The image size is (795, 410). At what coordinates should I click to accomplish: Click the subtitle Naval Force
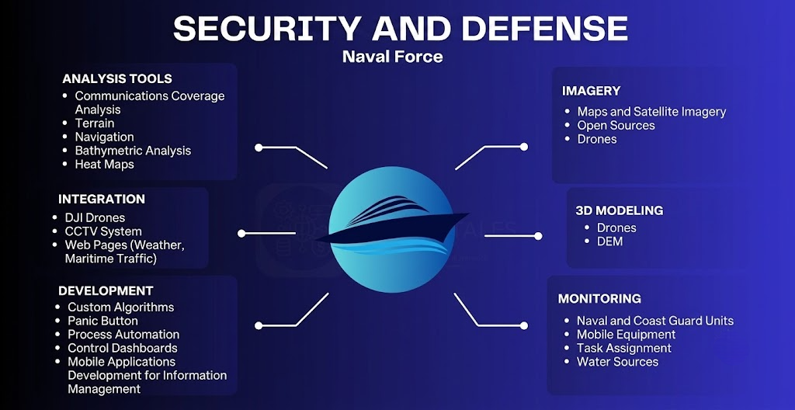[392, 57]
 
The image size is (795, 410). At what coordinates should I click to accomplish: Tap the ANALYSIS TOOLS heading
[117, 78]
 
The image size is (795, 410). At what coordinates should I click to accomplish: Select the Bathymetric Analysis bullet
[133, 151]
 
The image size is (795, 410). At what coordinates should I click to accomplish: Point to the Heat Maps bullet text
[105, 165]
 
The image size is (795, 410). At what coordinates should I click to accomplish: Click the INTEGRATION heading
[102, 199]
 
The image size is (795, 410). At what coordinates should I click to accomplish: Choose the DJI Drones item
[95, 217]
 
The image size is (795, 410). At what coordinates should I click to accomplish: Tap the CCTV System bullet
[103, 231]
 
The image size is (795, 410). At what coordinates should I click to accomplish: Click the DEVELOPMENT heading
[106, 290]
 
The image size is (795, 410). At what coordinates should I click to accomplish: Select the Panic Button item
[103, 321]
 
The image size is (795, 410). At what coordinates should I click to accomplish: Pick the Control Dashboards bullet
[123, 348]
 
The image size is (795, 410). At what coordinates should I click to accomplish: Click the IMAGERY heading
[591, 91]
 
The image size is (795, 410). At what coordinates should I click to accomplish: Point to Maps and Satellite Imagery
[651, 112]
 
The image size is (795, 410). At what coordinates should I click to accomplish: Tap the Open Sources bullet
[616, 125]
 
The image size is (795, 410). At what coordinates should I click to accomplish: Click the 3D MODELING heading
[619, 210]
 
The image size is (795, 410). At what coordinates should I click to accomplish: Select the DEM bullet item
[610, 241]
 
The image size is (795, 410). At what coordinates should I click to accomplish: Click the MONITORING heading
[599, 298]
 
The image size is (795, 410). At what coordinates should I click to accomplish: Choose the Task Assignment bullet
[624, 348]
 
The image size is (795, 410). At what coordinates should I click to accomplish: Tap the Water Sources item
[617, 362]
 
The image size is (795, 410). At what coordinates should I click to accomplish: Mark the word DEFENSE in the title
[544, 29]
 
